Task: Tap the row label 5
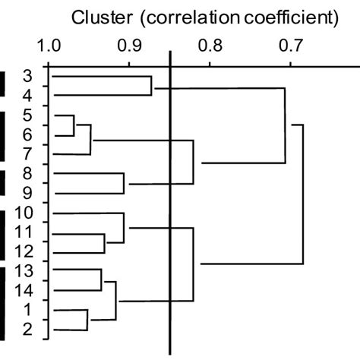tap(27, 115)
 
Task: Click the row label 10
tap(24, 212)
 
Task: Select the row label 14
tap(24, 291)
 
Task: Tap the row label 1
tap(27, 310)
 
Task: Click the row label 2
tap(27, 330)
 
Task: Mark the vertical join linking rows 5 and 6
tap(74, 125)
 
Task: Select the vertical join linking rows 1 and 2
tap(88, 320)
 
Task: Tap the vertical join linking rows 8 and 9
tap(124, 184)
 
